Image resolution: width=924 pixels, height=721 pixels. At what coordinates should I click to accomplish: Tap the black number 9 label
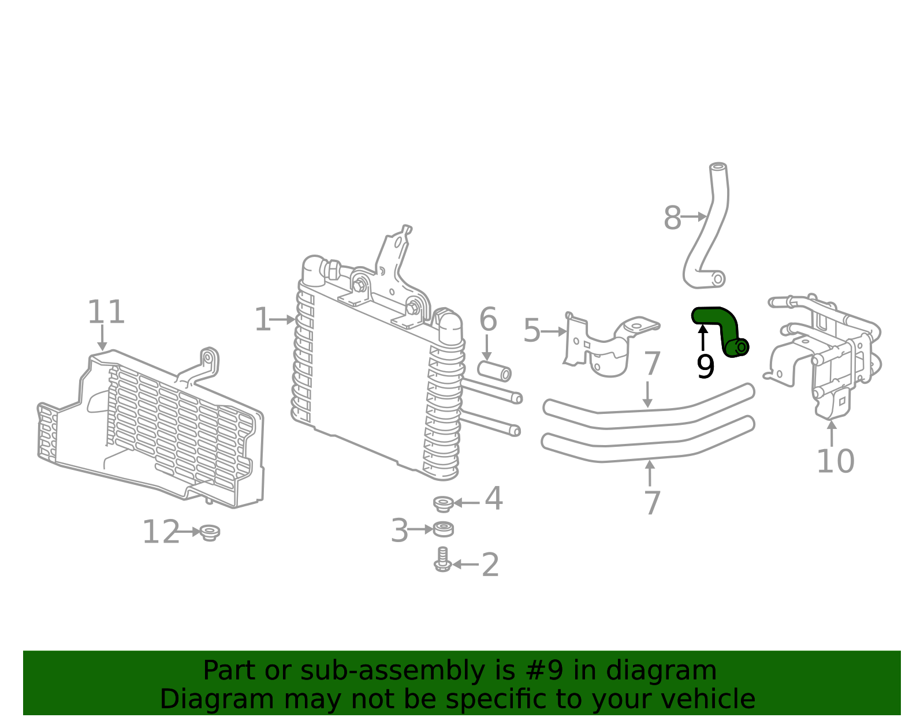[705, 367]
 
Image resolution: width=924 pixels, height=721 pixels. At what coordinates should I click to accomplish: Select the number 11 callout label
[106, 312]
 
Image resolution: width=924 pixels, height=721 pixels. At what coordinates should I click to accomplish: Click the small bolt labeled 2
[442, 560]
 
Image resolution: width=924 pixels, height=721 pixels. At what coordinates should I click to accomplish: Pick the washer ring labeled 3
[443, 528]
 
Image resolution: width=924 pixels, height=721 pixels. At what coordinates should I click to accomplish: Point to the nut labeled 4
[443, 503]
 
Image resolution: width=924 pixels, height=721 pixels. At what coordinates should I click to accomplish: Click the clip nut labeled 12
[210, 532]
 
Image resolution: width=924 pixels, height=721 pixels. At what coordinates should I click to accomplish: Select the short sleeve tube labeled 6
[494, 371]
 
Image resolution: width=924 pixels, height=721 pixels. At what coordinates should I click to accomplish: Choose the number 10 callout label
[835, 461]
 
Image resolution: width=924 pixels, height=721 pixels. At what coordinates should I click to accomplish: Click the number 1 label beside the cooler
[262, 320]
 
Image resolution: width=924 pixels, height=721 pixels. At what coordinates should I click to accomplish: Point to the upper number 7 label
[652, 364]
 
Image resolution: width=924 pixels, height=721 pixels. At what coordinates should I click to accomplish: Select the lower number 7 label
[652, 503]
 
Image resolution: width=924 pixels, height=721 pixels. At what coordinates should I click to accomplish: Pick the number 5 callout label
[531, 331]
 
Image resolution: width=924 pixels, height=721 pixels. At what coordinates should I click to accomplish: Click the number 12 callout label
[161, 532]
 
